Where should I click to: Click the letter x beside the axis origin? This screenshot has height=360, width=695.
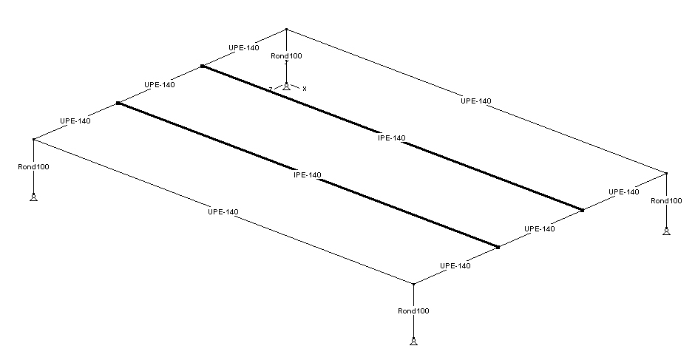pyautogui.click(x=304, y=88)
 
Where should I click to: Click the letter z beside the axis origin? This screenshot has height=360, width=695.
pyautogui.click(x=271, y=89)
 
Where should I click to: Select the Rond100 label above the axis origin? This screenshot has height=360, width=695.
pyautogui.click(x=286, y=55)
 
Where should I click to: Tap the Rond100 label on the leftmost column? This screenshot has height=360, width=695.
pyautogui.click(x=34, y=166)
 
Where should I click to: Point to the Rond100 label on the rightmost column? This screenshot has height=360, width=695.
pyautogui.click(x=666, y=200)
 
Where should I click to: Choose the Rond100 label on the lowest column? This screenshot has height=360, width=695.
pyautogui.click(x=413, y=310)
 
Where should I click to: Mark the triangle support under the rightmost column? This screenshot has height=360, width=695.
pyautogui.click(x=666, y=231)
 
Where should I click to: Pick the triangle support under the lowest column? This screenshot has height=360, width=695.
pyautogui.click(x=413, y=341)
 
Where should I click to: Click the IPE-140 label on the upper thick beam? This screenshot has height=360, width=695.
pyautogui.click(x=392, y=138)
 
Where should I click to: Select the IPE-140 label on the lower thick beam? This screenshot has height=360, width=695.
pyautogui.click(x=308, y=175)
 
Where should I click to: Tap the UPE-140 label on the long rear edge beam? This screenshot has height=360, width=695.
pyautogui.click(x=475, y=101)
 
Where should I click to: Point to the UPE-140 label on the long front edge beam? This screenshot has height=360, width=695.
pyautogui.click(x=223, y=212)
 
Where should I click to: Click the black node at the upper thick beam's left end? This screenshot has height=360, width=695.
pyautogui.click(x=202, y=67)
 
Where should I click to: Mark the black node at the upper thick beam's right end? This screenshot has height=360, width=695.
pyautogui.click(x=583, y=211)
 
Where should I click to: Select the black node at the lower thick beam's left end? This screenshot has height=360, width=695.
pyautogui.click(x=118, y=103)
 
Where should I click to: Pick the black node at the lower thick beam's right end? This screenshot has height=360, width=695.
pyautogui.click(x=498, y=247)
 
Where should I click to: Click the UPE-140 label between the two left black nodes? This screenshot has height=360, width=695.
pyautogui.click(x=160, y=84)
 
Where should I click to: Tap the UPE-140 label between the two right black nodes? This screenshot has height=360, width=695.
pyautogui.click(x=539, y=229)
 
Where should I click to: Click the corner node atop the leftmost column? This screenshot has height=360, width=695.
pyautogui.click(x=34, y=139)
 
